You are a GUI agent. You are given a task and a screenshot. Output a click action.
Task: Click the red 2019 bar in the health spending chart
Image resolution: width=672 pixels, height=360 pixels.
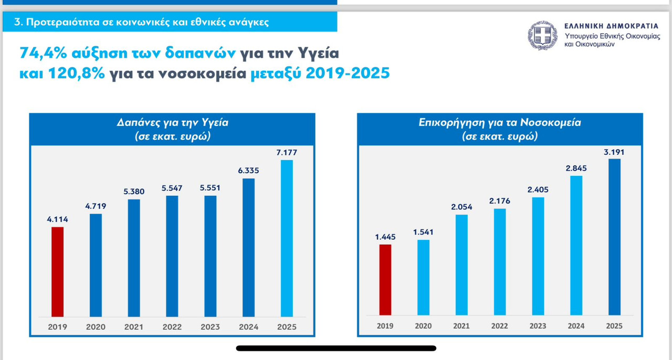tap(57, 272)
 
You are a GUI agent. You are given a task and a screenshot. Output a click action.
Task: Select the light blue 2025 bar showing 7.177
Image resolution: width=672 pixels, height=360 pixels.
tap(287, 238)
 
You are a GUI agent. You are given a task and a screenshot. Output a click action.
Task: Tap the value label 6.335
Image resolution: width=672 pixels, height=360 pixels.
tap(248, 171)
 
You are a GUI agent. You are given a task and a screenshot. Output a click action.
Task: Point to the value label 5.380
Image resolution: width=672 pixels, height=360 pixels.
tap(133, 192)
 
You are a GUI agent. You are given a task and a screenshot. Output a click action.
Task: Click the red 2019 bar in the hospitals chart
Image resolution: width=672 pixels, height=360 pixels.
tap(385, 280)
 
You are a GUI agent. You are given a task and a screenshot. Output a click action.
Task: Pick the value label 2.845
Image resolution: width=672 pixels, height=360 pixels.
tap(576, 168)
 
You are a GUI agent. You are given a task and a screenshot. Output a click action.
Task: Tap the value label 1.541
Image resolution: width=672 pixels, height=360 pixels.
tap(423, 232)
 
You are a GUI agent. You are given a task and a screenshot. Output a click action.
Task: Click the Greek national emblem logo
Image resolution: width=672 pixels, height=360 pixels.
tap(542, 36)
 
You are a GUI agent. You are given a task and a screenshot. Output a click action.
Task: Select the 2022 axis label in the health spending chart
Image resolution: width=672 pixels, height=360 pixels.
tap(172, 326)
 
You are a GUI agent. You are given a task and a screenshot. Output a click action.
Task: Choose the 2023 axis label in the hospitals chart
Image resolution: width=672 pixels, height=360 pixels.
tap(538, 326)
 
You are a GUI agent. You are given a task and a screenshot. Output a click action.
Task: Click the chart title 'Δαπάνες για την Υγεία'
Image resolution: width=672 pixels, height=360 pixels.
tap(173, 123)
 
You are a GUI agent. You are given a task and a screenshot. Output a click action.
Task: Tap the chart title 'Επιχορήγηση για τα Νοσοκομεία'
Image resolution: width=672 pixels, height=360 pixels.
tap(500, 123)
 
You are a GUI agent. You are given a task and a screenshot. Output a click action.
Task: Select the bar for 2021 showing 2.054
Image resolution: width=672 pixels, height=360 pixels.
tap(461, 265)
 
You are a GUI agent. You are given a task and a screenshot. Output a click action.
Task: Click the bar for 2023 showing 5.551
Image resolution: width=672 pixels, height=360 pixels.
tap(210, 256)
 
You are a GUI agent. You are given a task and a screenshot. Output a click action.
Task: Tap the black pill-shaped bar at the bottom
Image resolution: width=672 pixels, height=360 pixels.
tap(336, 348)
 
